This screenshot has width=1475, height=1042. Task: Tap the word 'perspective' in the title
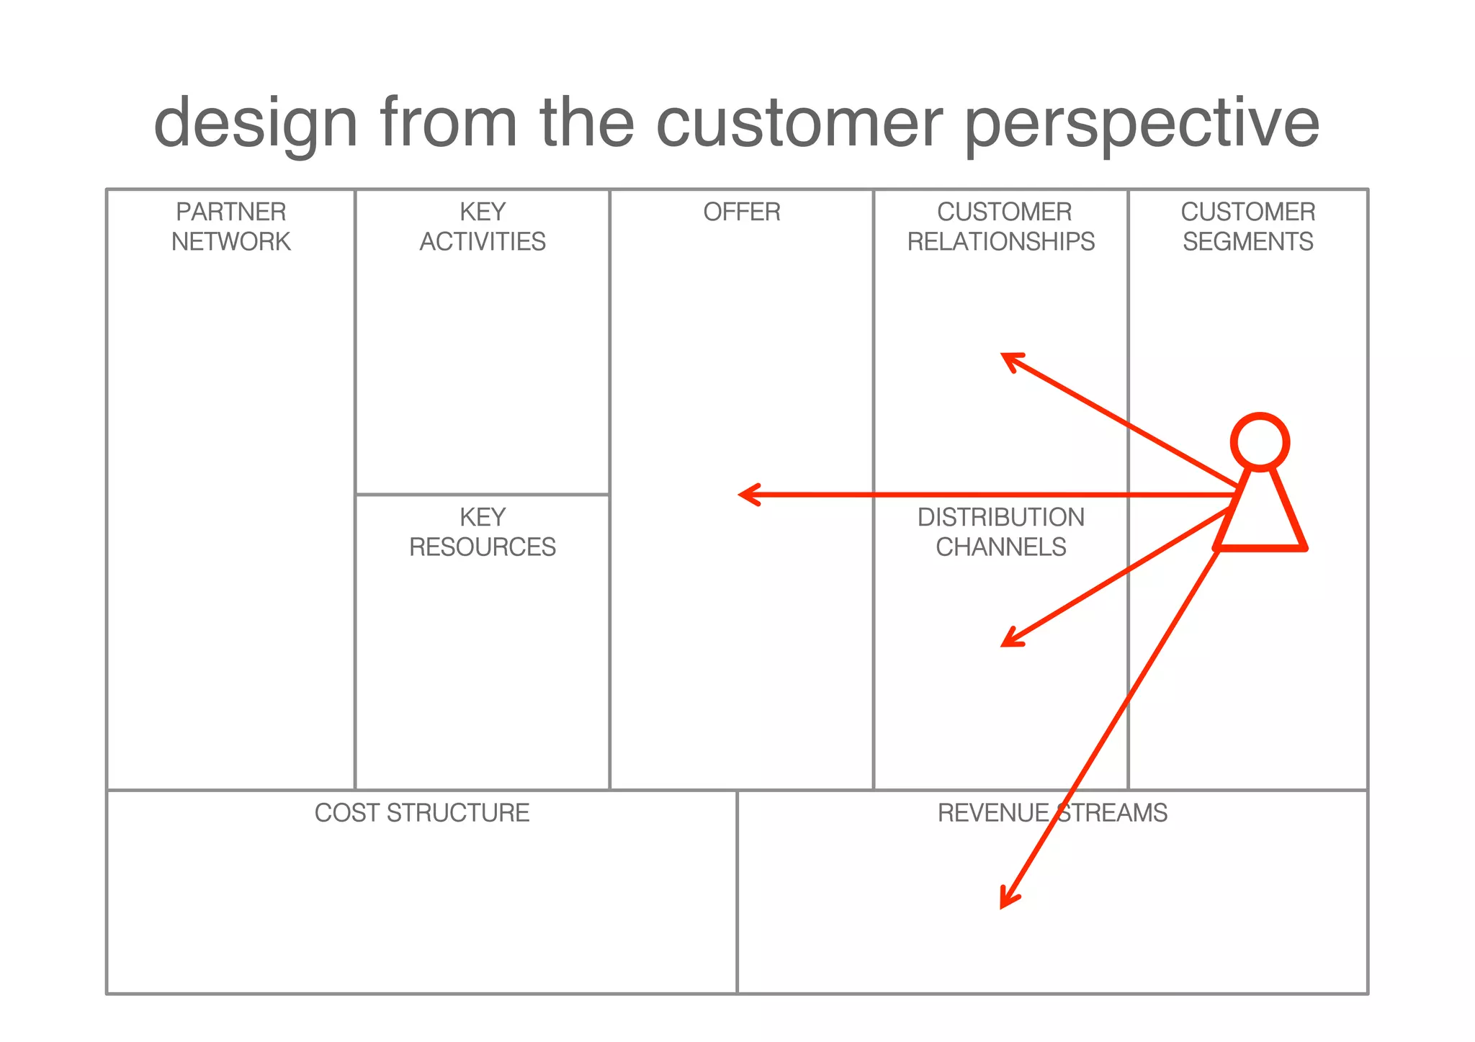pyautogui.click(x=1142, y=124)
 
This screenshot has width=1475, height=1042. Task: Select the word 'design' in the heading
pyautogui.click(x=256, y=124)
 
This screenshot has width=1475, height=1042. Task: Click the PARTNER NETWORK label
pyautogui.click(x=230, y=226)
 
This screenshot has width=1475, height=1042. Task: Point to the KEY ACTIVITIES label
pyautogui.click(x=483, y=226)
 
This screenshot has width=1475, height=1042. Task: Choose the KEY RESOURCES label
pyautogui.click(x=483, y=531)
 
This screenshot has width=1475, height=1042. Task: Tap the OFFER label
pyautogui.click(x=742, y=212)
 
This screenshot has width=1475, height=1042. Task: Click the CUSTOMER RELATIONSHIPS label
pyautogui.click(x=1001, y=226)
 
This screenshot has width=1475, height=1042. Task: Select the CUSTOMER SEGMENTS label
pyautogui.click(x=1247, y=226)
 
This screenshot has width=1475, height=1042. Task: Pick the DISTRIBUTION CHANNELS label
pyautogui.click(x=1001, y=531)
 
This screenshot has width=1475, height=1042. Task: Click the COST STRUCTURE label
pyautogui.click(x=422, y=812)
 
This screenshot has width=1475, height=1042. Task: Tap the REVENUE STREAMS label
pyautogui.click(x=1052, y=812)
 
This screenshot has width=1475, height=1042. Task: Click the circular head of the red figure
pyautogui.click(x=1260, y=441)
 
